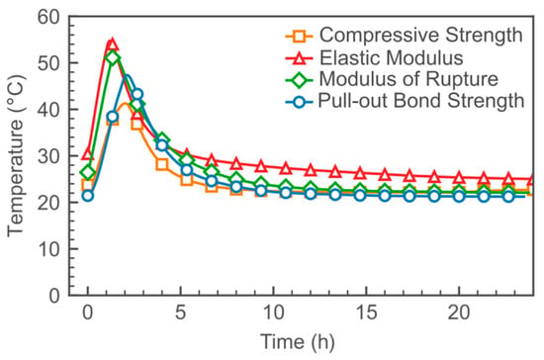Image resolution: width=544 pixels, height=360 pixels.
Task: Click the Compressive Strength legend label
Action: click(420, 35)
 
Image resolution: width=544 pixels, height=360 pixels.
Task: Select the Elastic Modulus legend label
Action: click(391, 57)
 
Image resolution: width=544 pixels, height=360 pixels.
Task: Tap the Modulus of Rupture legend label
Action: click(408, 79)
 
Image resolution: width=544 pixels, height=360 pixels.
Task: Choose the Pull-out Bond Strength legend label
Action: click(420, 101)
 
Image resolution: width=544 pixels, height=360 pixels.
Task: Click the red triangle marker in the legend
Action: click(300, 58)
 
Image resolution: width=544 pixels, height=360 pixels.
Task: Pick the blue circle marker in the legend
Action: click(299, 102)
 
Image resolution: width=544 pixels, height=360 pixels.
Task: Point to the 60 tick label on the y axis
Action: click(48, 17)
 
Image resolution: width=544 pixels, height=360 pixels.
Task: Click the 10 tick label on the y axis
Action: click(48, 249)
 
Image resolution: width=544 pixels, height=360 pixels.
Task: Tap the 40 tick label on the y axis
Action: click(48, 110)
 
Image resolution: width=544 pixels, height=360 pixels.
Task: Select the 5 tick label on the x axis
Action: click(180, 313)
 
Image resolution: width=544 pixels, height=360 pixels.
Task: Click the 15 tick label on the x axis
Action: click(366, 313)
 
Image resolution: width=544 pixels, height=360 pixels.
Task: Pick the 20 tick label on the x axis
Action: click(459, 313)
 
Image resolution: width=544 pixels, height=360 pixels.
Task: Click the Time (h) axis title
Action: click(298, 341)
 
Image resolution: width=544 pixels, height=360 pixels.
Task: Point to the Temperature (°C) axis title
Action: click(16, 155)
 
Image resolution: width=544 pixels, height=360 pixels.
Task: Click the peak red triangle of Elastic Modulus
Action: click(112, 45)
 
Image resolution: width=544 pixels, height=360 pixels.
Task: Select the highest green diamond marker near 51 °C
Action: click(112, 57)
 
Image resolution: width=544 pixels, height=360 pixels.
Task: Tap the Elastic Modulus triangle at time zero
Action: click(88, 154)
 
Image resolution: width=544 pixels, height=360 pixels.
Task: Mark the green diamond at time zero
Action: click(88, 172)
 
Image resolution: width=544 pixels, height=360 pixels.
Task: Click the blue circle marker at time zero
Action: click(88, 196)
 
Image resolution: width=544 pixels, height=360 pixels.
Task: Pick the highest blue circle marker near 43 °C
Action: click(137, 94)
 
